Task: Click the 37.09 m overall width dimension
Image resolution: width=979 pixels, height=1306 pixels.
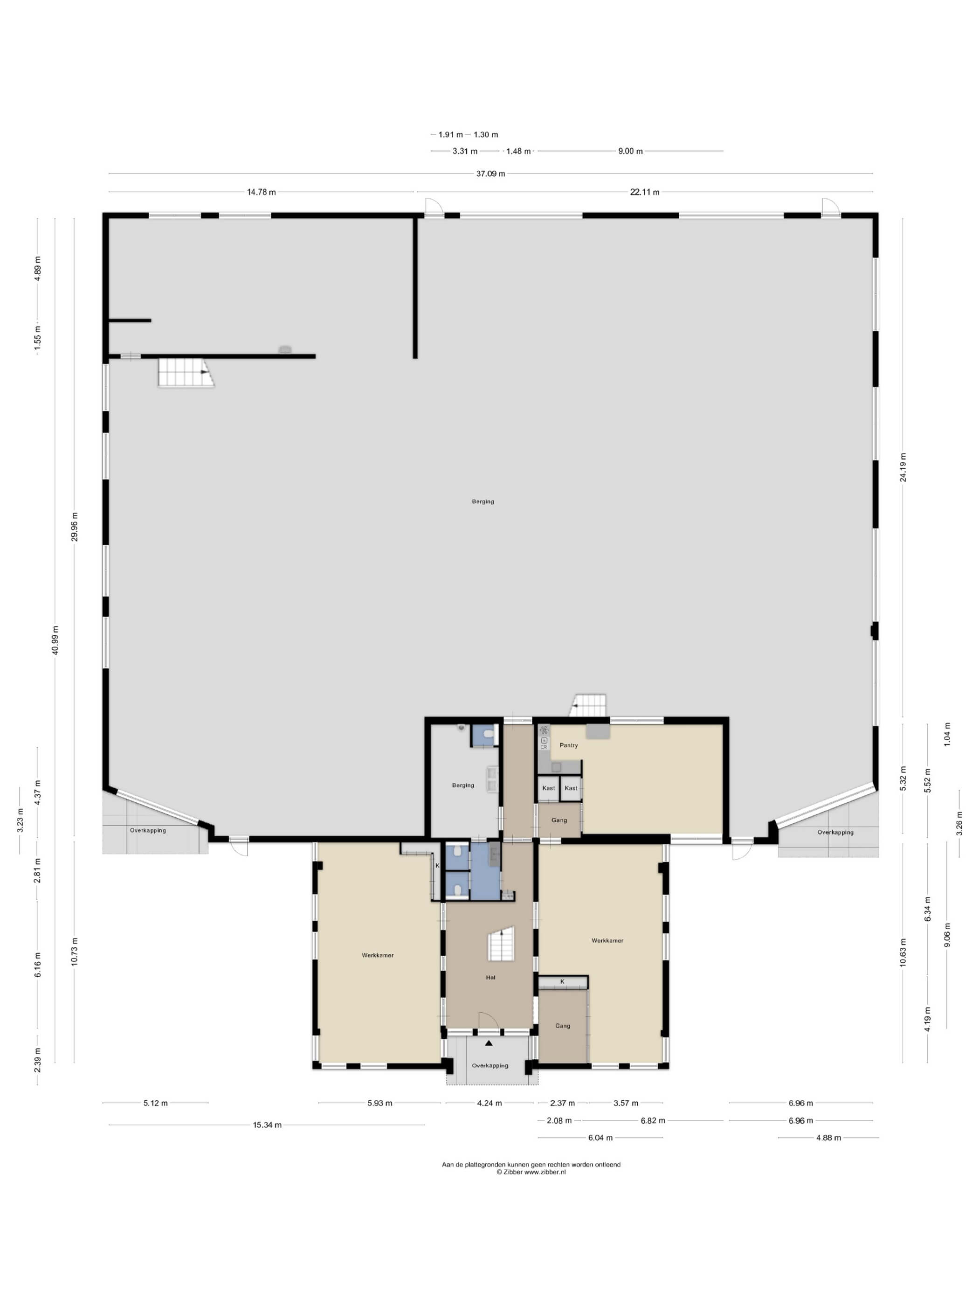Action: coord(490,174)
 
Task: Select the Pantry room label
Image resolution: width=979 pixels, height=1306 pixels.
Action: coord(568,745)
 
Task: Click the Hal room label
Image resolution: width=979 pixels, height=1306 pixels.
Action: coord(490,978)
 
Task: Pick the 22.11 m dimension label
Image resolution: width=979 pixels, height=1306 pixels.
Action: coord(644,192)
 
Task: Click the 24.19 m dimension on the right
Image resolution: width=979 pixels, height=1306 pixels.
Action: coord(903,467)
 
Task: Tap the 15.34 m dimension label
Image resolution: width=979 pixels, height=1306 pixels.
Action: coord(267,1125)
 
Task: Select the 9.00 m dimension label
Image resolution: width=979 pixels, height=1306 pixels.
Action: coord(630,151)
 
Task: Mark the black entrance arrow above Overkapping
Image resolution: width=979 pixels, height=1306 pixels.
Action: coord(489,1043)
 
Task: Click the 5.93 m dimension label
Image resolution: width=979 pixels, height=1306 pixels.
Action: coord(379,1103)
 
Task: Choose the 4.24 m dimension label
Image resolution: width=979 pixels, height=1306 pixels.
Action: coord(489,1103)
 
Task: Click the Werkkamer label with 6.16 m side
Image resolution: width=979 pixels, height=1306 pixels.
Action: coord(378,955)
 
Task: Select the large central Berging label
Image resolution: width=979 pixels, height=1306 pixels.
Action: coord(483,502)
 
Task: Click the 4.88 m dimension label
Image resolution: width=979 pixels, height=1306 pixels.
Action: coord(828,1138)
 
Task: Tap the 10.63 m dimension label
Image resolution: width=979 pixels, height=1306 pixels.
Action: coord(903,952)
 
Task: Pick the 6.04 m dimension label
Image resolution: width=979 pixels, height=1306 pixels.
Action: coord(600,1138)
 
